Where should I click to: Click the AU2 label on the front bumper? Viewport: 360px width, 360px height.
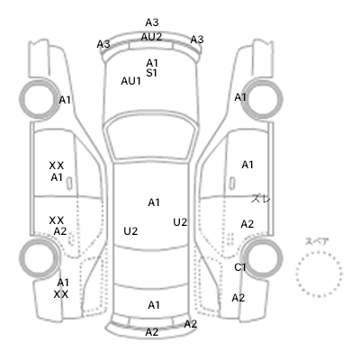coord(151,37)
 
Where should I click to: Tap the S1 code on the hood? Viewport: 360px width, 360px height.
coord(152,73)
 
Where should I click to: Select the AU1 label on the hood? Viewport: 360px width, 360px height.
coord(130,81)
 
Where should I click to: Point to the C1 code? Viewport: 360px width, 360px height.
coord(240,267)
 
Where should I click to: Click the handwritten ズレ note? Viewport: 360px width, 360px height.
coord(261,198)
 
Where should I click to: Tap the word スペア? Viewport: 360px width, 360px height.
coord(317,242)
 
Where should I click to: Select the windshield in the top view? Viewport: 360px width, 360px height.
coord(152,138)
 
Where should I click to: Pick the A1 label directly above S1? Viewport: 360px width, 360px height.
coord(152,63)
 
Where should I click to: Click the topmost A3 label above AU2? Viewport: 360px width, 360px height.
coord(152,22)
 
